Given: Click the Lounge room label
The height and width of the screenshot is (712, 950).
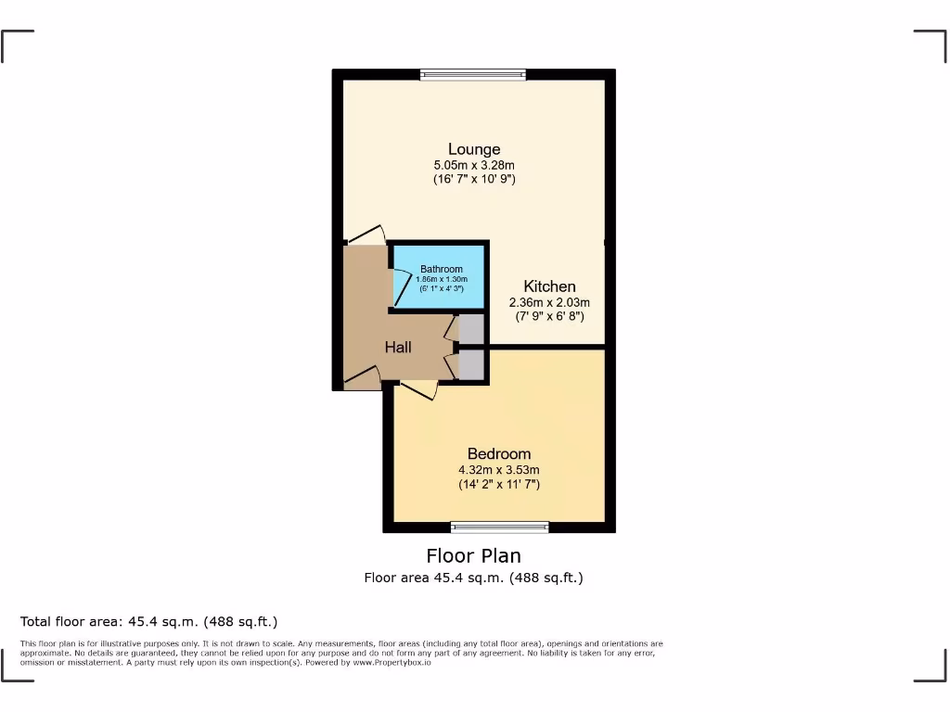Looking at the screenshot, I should [474, 149].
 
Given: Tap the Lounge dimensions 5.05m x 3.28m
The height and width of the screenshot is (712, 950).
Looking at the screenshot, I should [474, 165].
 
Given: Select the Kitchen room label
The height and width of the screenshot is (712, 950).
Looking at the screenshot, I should [549, 286].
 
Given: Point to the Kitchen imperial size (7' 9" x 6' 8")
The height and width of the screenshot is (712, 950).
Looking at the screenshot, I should [549, 316].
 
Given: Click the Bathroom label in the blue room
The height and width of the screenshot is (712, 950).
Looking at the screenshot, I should [441, 269].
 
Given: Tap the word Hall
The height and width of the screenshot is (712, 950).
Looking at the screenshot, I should [398, 347].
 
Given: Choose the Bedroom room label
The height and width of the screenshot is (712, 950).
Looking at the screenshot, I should [499, 453].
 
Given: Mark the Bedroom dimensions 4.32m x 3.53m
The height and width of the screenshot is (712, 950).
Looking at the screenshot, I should [499, 469].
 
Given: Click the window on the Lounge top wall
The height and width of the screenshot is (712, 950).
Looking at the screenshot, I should [473, 75].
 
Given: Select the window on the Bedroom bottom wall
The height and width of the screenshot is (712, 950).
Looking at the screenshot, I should [499, 528].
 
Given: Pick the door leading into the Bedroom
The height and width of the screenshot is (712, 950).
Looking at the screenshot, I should [417, 389].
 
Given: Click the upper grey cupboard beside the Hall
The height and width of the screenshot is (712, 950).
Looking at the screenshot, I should [470, 329].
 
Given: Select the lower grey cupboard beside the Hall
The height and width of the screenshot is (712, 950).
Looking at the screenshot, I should [470, 364].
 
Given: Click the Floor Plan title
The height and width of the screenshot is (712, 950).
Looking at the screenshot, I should [473, 556].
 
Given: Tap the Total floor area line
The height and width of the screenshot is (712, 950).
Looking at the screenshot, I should [148, 621].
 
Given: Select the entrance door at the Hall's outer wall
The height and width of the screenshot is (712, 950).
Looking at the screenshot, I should [362, 377].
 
